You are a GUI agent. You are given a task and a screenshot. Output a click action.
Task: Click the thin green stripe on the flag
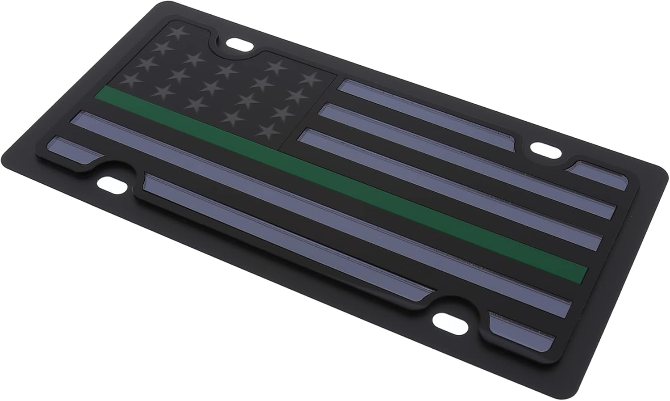coord(339,179)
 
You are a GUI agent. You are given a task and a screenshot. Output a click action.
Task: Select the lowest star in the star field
coord(267,131)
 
